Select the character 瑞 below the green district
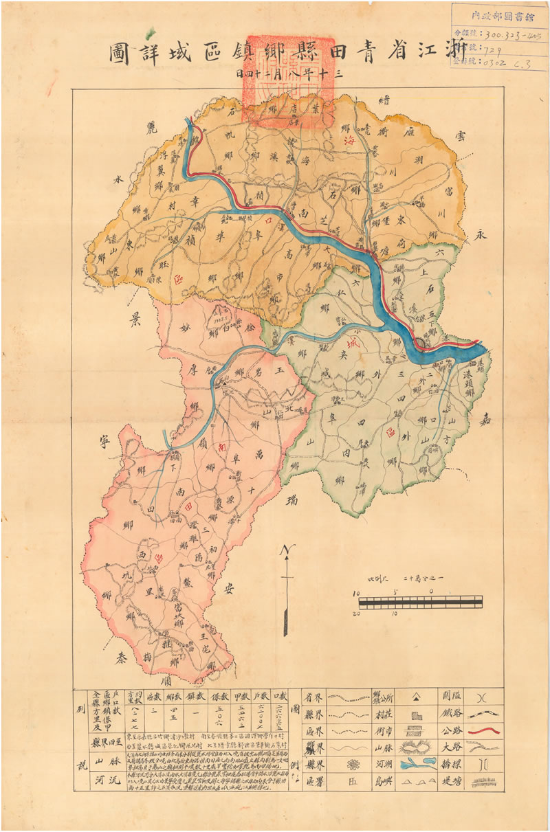click(x=295, y=497)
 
